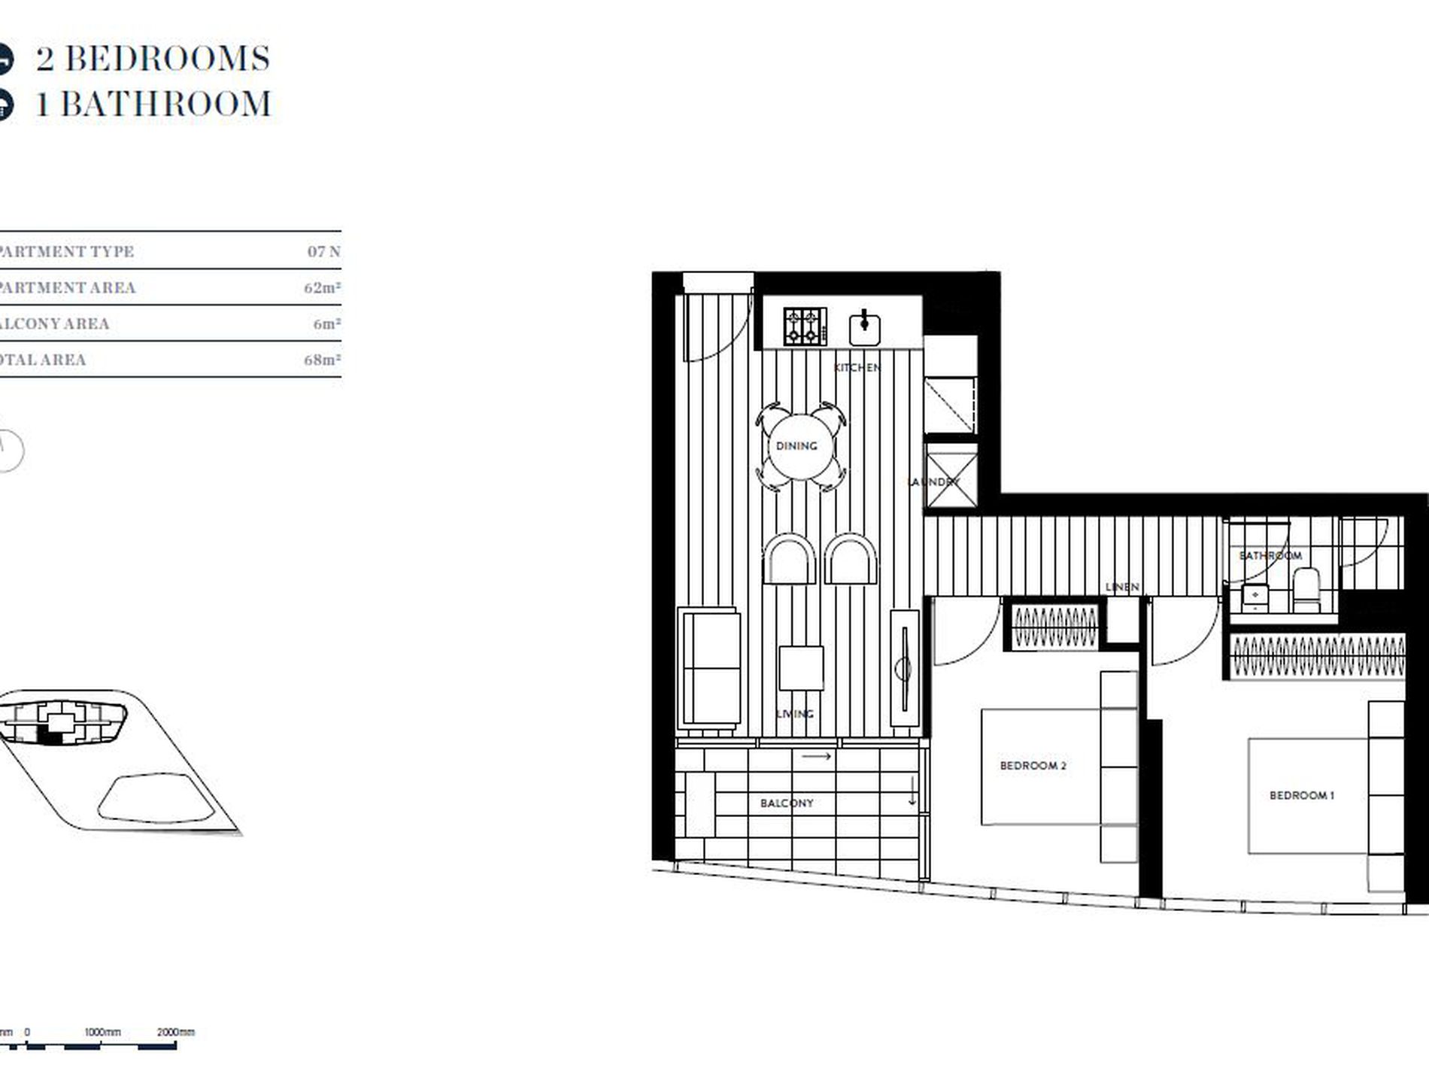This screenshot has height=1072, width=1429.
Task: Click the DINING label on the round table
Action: tap(796, 446)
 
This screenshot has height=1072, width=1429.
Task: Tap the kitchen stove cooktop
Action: tap(805, 326)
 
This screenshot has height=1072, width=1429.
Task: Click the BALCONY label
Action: tap(787, 803)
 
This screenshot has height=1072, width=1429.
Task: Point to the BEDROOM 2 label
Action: tap(1033, 766)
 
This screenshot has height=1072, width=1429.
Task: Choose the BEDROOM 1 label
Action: tap(1301, 795)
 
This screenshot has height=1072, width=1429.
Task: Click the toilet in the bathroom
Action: tap(1306, 589)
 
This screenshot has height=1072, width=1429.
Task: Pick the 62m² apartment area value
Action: tap(323, 288)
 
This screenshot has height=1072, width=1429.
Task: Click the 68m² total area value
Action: tap(323, 360)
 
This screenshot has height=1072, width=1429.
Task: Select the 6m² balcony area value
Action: tap(327, 324)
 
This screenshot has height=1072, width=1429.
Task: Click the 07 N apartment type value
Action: tap(324, 251)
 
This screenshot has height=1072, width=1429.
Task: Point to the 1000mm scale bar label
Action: tap(102, 1032)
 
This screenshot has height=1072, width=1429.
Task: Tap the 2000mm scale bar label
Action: tap(175, 1032)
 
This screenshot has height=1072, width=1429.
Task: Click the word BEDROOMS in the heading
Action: tap(167, 59)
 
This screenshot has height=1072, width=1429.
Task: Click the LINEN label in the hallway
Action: tap(1122, 587)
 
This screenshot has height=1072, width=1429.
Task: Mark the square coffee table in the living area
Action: tap(801, 667)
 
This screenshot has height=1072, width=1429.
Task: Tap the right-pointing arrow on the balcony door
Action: tap(817, 756)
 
